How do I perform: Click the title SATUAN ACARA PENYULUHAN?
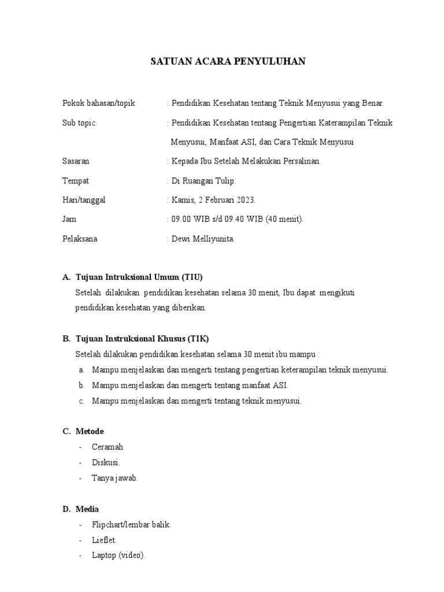(228, 61)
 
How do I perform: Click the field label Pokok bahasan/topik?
(98, 103)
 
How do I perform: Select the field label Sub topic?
(79, 123)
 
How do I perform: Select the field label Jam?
(69, 220)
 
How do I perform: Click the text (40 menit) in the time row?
(284, 220)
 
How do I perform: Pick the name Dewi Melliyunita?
(203, 239)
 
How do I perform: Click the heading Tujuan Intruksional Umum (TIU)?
(139, 277)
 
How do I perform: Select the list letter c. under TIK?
(82, 401)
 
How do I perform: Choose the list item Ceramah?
(107, 447)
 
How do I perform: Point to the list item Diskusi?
(106, 462)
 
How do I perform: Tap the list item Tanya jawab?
(114, 478)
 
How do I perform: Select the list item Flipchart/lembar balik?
(131, 525)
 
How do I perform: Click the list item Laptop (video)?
(119, 556)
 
